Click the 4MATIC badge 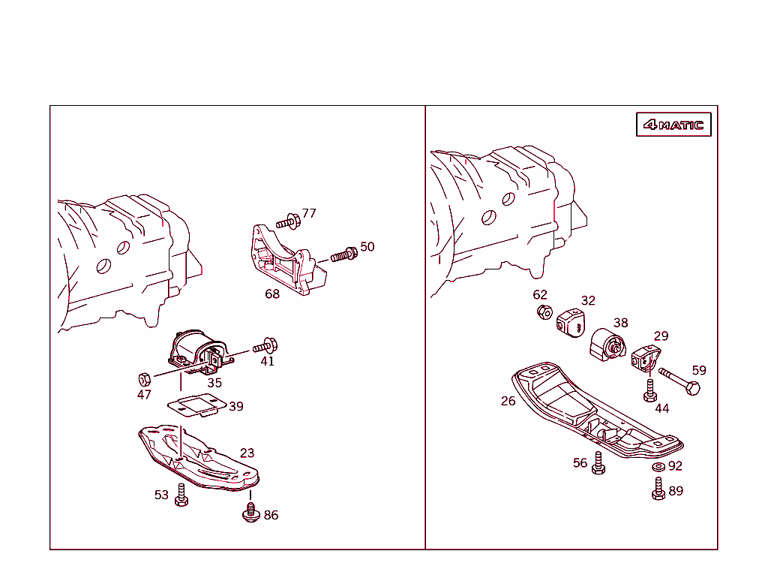[x=673, y=125]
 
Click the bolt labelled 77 [x=288, y=222]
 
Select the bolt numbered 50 [x=343, y=254]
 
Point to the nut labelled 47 [x=145, y=380]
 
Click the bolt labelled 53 [x=181, y=495]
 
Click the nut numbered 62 [x=544, y=312]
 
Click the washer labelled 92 [x=658, y=466]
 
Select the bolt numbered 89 [x=658, y=489]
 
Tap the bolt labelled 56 [x=598, y=463]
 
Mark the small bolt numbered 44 [x=650, y=390]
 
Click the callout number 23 [x=247, y=453]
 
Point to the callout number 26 [x=508, y=401]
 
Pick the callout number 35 [x=214, y=383]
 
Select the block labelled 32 [x=571, y=323]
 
